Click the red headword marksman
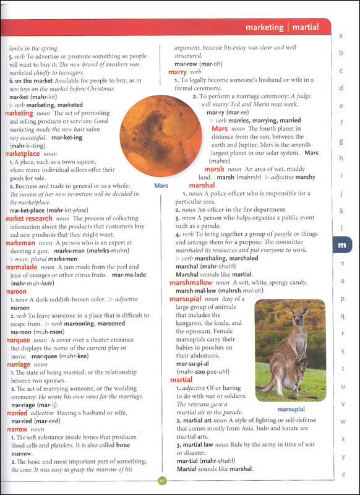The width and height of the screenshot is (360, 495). [x=20, y=244]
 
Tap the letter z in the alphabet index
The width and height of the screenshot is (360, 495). [x=341, y=473]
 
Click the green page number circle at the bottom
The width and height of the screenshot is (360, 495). [x=162, y=480]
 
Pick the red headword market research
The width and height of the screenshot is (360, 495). [x=29, y=218]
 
